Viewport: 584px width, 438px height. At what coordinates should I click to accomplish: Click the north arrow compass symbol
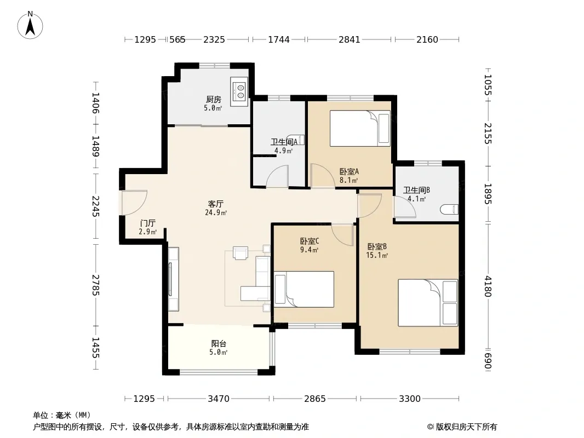pos(30,25)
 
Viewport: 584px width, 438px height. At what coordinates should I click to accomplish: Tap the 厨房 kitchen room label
pos(214,99)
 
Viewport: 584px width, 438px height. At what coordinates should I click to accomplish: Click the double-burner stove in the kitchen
pos(239,92)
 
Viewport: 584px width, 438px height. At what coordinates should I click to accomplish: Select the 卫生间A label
pos(284,142)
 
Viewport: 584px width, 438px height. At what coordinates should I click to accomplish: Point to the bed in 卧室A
pos(360,128)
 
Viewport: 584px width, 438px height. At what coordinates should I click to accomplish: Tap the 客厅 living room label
pos(216,204)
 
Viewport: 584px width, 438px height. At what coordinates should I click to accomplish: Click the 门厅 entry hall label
pos(147,223)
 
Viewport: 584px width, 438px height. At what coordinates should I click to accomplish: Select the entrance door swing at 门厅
pos(134,203)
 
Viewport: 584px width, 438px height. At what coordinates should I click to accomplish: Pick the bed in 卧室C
pos(304,289)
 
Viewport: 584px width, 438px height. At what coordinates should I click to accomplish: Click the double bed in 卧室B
pos(428,303)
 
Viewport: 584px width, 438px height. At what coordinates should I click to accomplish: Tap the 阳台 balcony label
pos(219,343)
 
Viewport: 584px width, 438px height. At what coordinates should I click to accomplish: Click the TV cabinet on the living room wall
pos(173,279)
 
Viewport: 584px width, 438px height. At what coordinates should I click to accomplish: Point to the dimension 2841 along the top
pos(350,39)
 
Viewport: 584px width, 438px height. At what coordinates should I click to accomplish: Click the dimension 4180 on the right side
pos(488,286)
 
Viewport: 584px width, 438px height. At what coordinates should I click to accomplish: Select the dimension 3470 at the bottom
pos(219,399)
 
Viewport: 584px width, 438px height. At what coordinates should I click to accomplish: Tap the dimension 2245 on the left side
pos(96,206)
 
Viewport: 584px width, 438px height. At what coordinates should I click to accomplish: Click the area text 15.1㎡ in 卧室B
pos(377,255)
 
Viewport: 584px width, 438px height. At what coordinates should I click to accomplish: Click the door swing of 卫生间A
pos(277,176)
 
